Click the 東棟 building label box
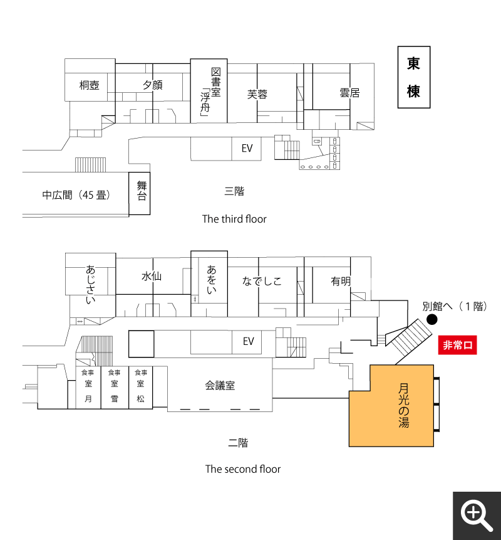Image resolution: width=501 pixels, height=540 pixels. tap(414, 78)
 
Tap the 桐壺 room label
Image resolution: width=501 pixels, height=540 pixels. tap(90, 85)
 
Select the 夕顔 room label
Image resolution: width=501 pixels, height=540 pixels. tap(152, 85)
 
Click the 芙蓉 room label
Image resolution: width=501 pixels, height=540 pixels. tap(257, 94)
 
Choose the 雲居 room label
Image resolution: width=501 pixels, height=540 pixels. tap(349, 93)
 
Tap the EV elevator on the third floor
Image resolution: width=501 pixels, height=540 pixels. tap(247, 148)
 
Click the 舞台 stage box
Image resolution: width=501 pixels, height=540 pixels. tap(140, 193)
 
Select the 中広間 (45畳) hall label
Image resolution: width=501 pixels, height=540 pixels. tap(76, 195)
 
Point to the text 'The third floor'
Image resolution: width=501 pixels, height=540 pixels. tap(234, 219)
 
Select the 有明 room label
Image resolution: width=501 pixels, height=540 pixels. tap(341, 281)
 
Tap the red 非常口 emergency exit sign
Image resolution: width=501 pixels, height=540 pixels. tap(457, 345)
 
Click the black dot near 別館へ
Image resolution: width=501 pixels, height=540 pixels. tap(431, 320)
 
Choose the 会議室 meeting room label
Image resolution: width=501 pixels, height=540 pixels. tap(220, 386)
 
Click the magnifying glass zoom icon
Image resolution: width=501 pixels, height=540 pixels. tap(477, 516)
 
